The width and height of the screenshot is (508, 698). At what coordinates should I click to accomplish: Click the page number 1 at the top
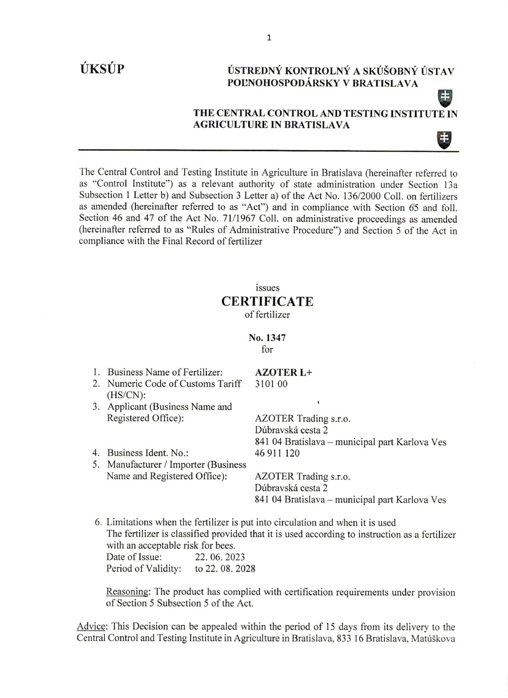tap(269, 38)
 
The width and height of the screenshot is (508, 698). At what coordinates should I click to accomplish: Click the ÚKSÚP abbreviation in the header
tap(102, 69)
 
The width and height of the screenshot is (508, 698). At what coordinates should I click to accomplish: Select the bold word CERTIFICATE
tap(267, 301)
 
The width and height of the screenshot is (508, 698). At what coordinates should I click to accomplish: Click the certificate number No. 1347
tap(267, 338)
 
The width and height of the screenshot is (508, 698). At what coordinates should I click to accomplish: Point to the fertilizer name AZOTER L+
tap(283, 372)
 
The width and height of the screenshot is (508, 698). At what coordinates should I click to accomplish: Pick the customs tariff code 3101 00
tap(271, 384)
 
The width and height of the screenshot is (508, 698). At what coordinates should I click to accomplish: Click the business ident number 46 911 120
tap(277, 453)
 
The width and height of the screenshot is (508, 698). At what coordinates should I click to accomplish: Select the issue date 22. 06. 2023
tap(220, 557)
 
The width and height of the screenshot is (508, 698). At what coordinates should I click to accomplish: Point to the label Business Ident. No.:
tap(148, 453)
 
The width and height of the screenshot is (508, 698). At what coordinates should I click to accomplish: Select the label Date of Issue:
tap(134, 557)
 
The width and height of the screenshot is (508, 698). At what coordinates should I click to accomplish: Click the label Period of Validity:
tap(144, 568)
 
